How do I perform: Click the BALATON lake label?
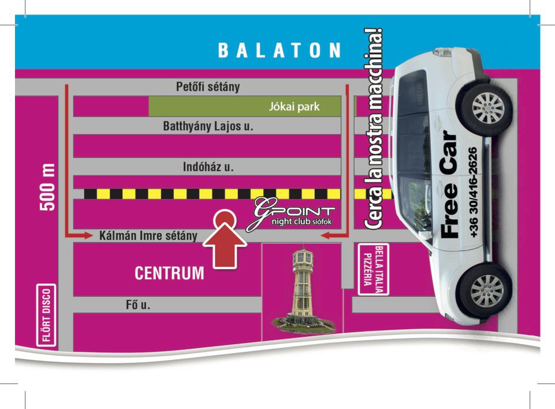(x=280, y=50)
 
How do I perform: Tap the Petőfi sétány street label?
(x=208, y=87)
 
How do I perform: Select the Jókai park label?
(x=294, y=106)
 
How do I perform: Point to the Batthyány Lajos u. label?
(x=208, y=126)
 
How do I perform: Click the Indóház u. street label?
(x=208, y=167)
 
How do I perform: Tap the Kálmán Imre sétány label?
(x=148, y=236)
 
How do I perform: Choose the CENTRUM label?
(x=169, y=273)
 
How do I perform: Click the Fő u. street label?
(x=138, y=305)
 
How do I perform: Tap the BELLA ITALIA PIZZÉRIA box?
(x=374, y=270)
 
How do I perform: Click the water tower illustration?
(x=303, y=290)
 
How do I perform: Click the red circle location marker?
(x=225, y=218)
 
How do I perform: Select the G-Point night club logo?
(x=290, y=213)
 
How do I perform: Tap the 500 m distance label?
(x=48, y=187)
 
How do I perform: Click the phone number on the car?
(x=472, y=192)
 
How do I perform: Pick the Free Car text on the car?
(x=449, y=185)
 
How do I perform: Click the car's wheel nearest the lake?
(x=488, y=108)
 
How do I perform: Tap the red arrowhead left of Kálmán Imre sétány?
(x=88, y=235)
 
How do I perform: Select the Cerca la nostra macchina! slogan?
(x=374, y=128)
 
